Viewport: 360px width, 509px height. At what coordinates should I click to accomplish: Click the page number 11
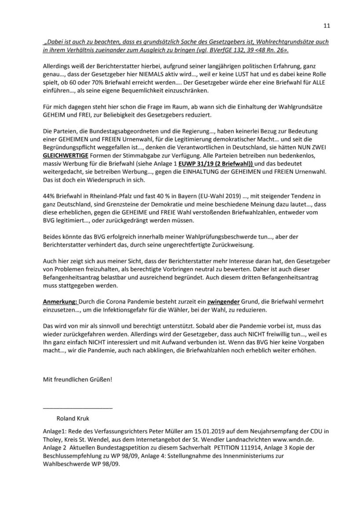(x=327, y=26)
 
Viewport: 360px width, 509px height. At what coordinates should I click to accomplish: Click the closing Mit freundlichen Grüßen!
(x=77, y=379)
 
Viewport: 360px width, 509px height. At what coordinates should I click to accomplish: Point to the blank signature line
(x=78, y=409)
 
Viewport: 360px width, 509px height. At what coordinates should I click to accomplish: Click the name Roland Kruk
(x=73, y=418)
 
